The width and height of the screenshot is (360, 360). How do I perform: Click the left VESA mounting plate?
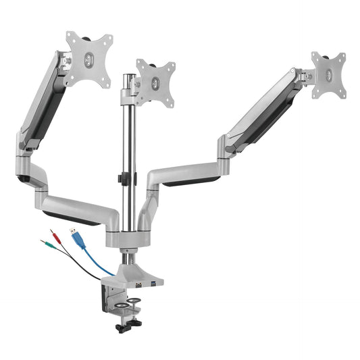[x=88, y=60]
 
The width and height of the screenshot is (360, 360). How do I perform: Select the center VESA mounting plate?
[x=155, y=82]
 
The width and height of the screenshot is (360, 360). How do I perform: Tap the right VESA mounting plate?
[x=328, y=76]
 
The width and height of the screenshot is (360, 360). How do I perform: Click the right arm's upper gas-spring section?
[x=263, y=108]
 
